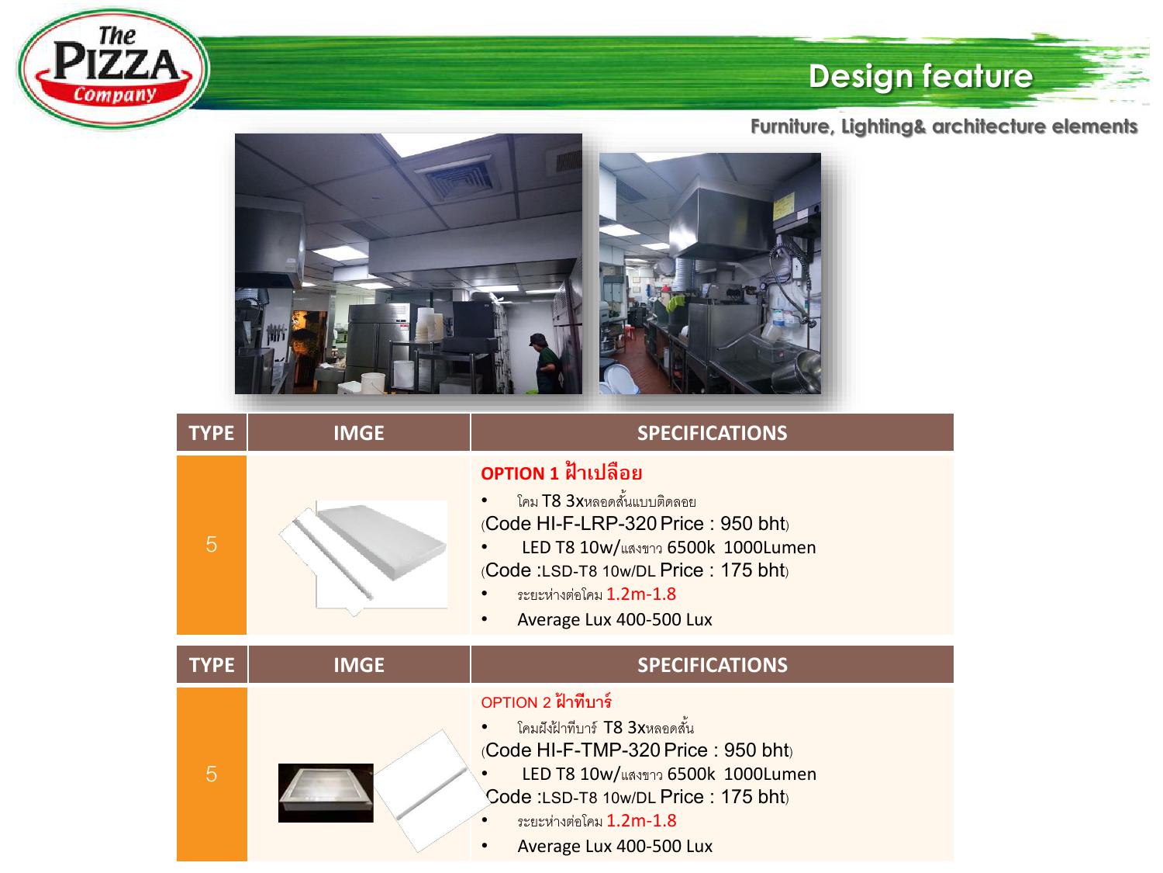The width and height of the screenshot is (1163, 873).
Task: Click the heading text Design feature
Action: pos(920,76)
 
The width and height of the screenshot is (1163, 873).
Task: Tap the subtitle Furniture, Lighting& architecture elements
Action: pos(944,126)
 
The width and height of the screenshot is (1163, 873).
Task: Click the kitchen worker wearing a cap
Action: pos(546,363)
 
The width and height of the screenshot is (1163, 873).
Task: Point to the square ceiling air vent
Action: pos(457,178)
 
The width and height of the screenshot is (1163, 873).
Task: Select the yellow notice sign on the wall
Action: pos(783,205)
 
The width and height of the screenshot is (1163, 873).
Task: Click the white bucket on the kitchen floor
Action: pos(373,383)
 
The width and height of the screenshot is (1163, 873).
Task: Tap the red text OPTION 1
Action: pos(519,473)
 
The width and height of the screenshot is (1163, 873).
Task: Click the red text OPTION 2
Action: pos(516,702)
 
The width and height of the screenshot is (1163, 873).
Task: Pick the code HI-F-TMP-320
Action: pos(599,750)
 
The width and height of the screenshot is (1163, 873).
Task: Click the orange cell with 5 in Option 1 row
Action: pos(212,545)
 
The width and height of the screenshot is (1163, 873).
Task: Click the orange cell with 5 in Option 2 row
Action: pos(212,774)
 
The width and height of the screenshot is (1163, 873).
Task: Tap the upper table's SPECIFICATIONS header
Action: pos(712,433)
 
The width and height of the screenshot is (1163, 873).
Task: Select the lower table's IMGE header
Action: pos(359,665)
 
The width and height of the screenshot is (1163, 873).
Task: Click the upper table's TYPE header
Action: pos(212,433)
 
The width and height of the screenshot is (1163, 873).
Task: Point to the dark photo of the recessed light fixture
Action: pos(326,793)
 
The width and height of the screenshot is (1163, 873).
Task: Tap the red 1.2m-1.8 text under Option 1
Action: pos(641,594)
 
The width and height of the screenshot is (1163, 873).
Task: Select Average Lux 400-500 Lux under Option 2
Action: pos(615,846)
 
